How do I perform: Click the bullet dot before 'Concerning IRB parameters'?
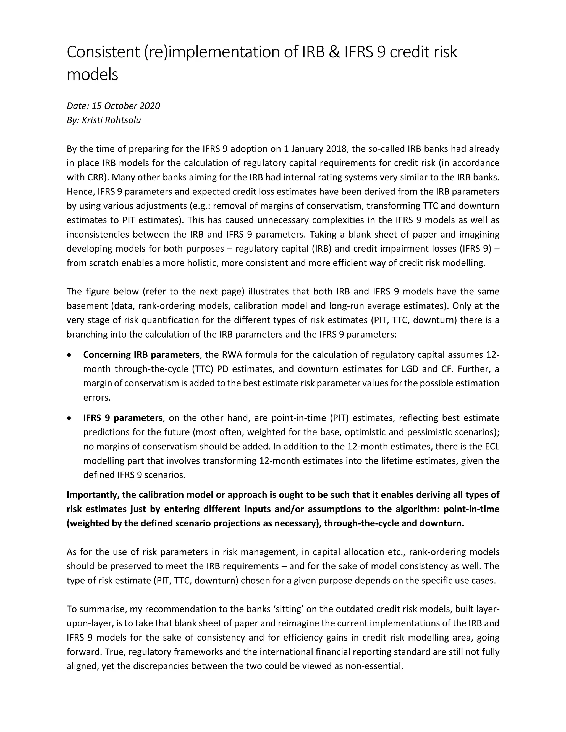pos(69,355)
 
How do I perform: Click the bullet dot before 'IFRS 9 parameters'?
pos(69,418)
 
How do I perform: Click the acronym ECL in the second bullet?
pos(492,446)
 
